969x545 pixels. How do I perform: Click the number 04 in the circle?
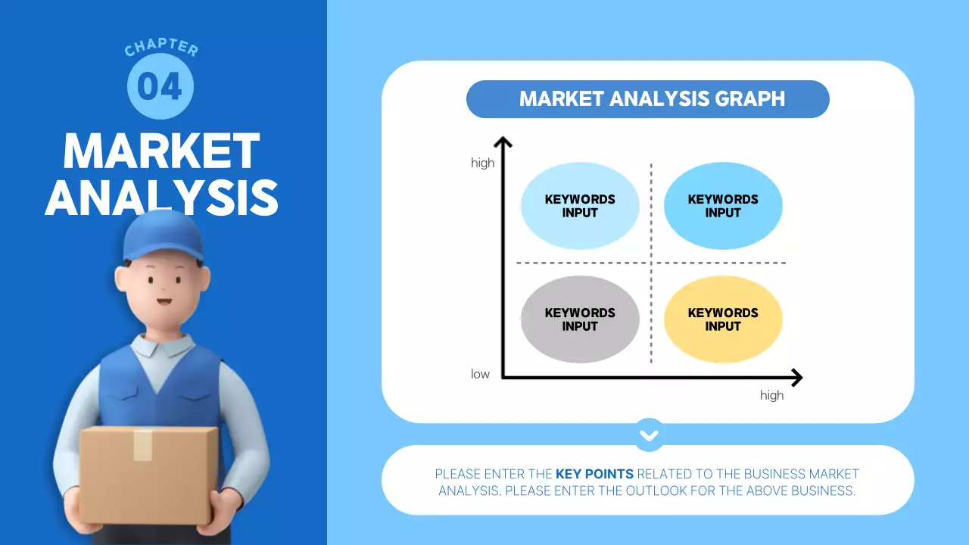[160, 86]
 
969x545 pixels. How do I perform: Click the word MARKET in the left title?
[161, 151]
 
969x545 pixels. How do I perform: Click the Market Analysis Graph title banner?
[647, 99]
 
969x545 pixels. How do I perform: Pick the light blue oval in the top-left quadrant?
[580, 206]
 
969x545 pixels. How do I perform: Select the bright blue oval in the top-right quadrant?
[722, 206]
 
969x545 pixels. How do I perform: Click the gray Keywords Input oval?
[580, 319]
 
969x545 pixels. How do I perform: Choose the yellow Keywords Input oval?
[722, 319]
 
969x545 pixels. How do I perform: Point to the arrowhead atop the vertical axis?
[503, 141]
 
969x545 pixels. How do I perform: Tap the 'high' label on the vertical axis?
[482, 163]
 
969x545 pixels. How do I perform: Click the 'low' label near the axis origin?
[480, 374]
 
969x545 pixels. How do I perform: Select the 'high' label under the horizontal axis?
[771, 395]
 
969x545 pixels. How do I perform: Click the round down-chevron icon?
[649, 435]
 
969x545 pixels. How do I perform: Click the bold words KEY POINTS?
[594, 474]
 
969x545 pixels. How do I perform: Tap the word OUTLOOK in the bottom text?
[653, 490]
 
